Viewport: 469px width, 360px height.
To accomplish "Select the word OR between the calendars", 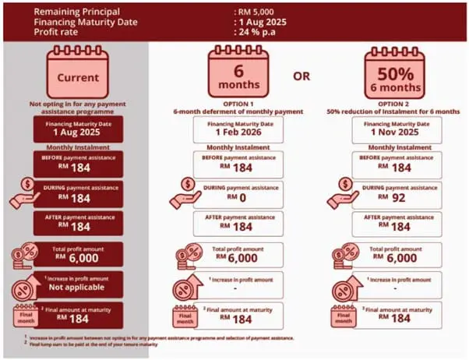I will click(x=304, y=76).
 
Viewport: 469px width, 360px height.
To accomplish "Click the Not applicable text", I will click(x=78, y=286).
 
